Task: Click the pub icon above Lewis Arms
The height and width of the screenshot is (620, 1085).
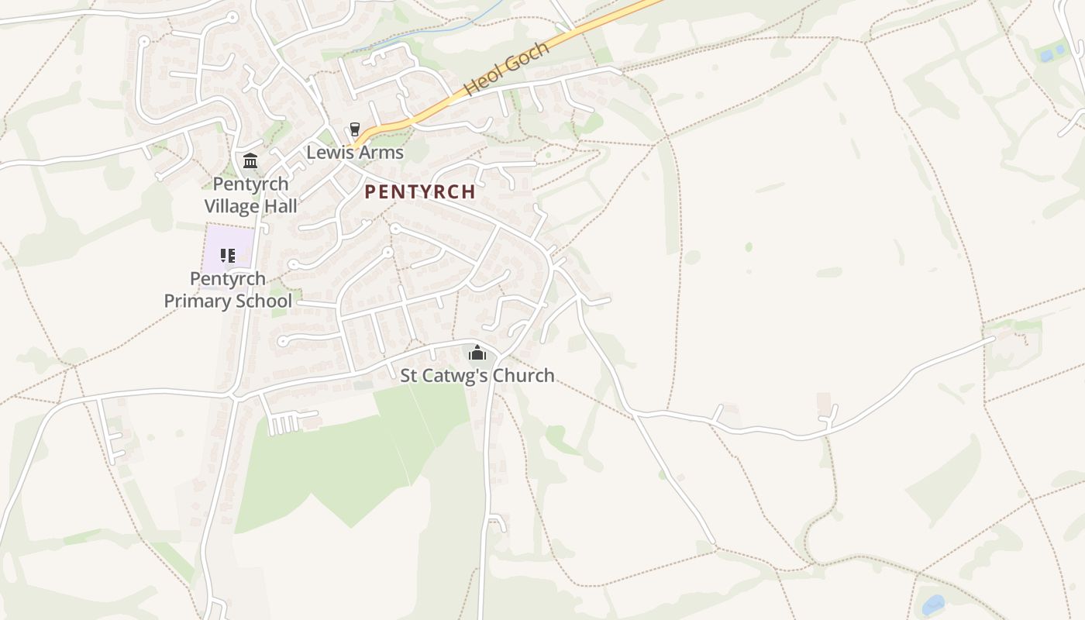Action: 355,129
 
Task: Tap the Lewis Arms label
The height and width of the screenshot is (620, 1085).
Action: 355,152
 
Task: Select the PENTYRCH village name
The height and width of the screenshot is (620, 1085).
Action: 419,191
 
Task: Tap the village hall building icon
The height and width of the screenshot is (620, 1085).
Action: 250,160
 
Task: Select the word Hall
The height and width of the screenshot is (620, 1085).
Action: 281,206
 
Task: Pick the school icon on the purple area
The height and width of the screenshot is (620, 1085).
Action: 227,255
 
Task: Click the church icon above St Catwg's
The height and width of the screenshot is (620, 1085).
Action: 477,353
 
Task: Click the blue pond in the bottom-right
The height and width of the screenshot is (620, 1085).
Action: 933,604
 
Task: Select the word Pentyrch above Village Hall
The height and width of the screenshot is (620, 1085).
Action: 250,184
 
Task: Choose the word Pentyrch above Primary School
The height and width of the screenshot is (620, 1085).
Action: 228,278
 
